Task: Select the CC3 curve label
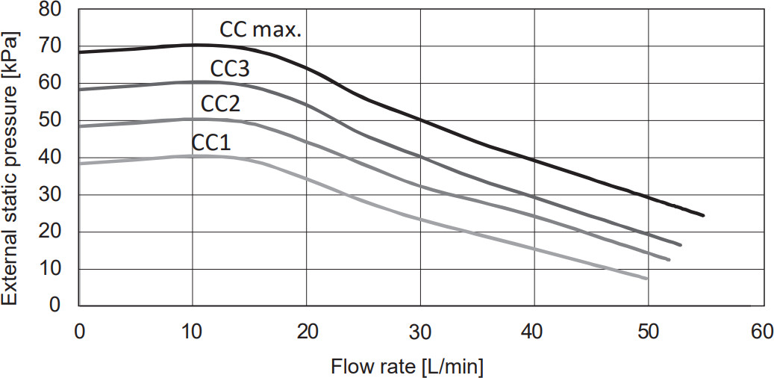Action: click(229, 69)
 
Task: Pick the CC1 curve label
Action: click(211, 142)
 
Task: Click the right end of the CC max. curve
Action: click(703, 215)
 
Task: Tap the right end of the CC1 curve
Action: click(646, 278)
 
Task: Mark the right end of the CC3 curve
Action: click(680, 244)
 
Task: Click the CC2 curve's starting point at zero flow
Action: click(80, 126)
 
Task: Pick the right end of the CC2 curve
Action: click(669, 259)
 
